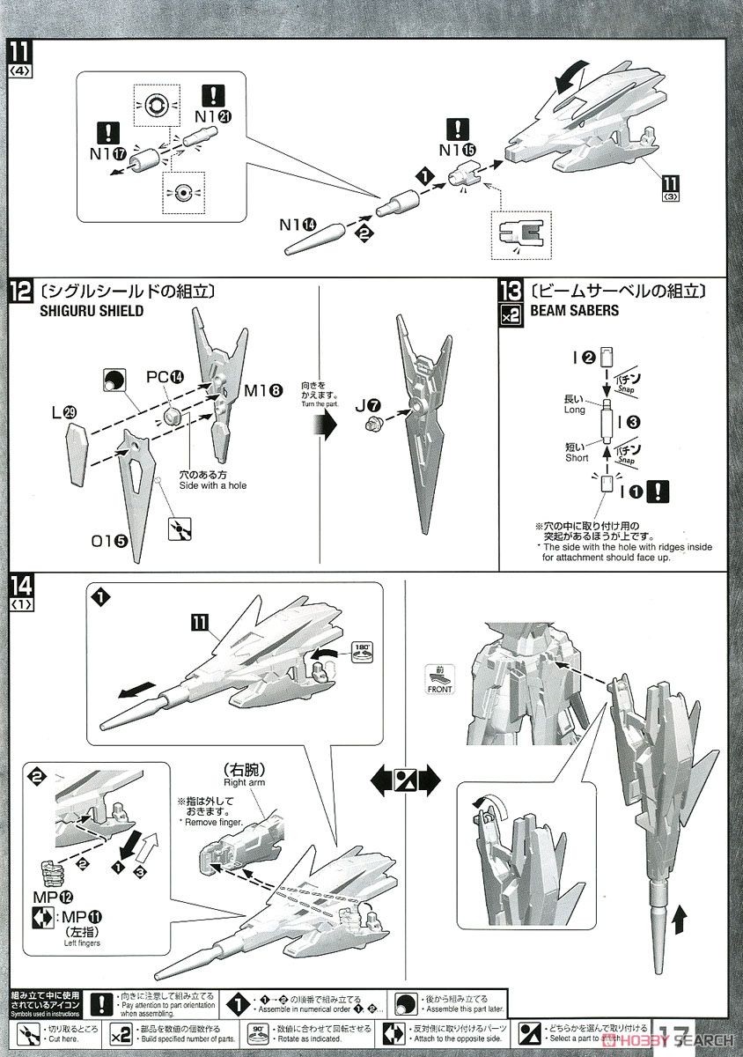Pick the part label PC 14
(x=164, y=376)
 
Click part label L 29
(x=74, y=411)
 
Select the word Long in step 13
(x=573, y=410)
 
